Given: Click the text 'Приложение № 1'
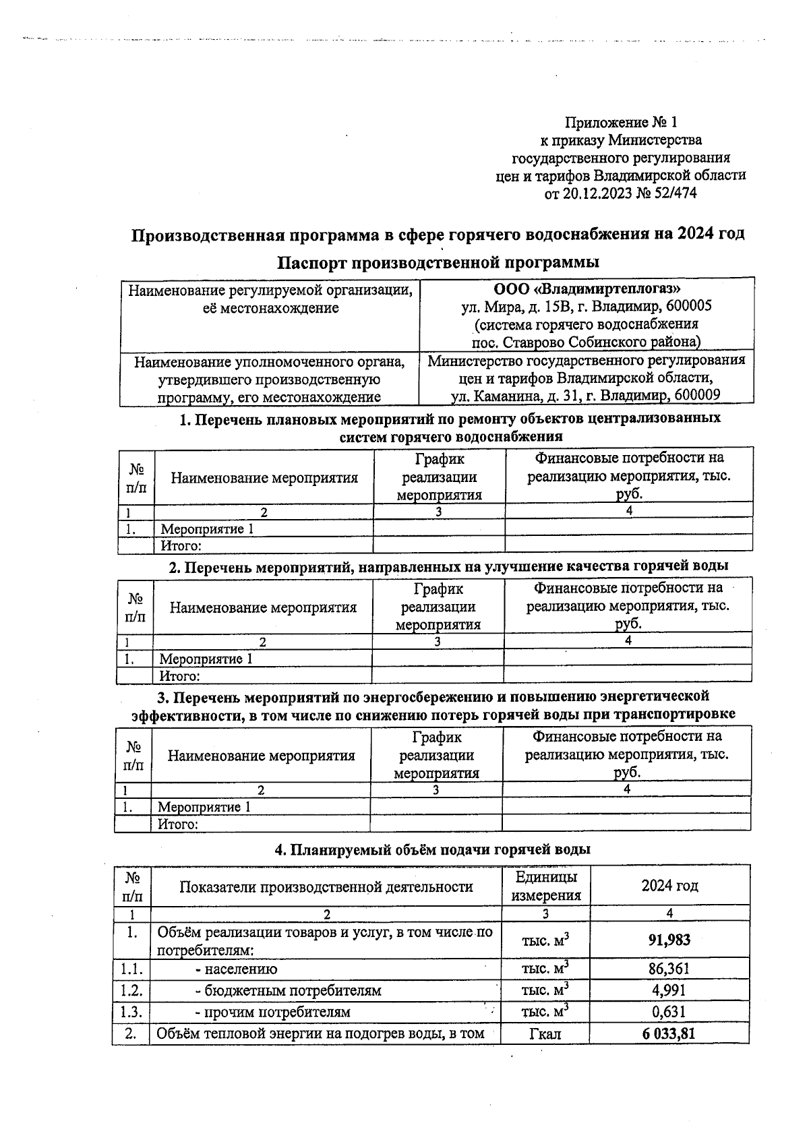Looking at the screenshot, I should [x=620, y=122].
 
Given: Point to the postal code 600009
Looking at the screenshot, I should [x=698, y=395].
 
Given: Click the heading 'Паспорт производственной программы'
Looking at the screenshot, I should [x=438, y=262].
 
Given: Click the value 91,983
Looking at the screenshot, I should [x=669, y=940].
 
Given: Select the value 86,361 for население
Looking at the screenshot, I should [x=669, y=969].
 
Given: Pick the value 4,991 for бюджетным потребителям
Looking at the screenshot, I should [x=669, y=990].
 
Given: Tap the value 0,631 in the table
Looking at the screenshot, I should [x=669, y=1012].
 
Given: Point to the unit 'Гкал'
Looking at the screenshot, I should [x=545, y=1033].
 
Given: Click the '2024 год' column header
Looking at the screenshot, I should [x=669, y=886].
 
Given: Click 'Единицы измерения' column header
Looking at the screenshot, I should [x=545, y=886].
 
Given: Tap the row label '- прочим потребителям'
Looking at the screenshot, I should [x=272, y=1012].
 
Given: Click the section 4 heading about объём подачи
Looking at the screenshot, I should [x=432, y=850].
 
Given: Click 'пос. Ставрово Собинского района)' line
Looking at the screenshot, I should [x=586, y=341].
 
